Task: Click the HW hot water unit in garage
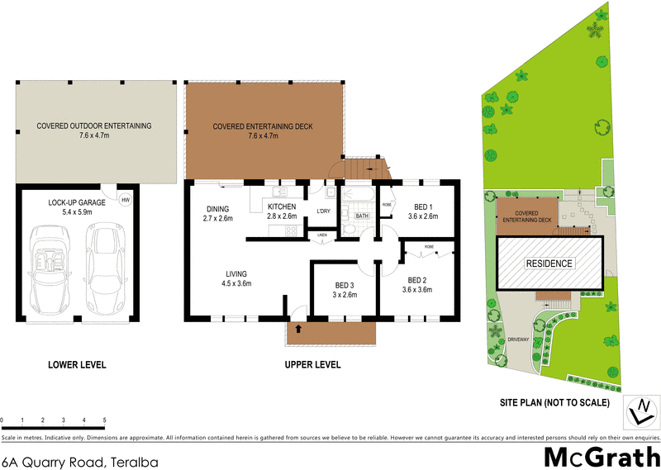(126, 200)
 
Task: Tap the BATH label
(362, 217)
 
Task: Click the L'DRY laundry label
(324, 211)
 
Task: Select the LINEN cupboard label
(321, 235)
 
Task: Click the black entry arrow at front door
(298, 329)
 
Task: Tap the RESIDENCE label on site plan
(549, 263)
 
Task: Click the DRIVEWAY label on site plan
(518, 339)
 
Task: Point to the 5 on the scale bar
(104, 420)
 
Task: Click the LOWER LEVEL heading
(77, 364)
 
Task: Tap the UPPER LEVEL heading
(312, 364)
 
